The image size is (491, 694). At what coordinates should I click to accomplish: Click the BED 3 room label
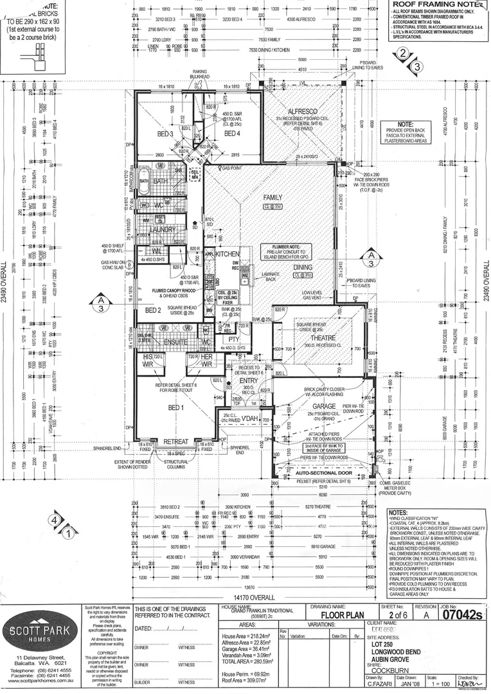click(x=166, y=134)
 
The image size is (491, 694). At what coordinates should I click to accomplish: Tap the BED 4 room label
click(x=232, y=134)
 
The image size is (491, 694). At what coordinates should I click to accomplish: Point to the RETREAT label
click(x=175, y=442)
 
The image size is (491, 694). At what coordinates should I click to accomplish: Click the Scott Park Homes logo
click(x=40, y=628)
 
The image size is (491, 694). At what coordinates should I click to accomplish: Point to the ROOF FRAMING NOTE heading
click(x=440, y=4)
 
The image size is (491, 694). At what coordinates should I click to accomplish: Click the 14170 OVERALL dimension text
click(x=244, y=597)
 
